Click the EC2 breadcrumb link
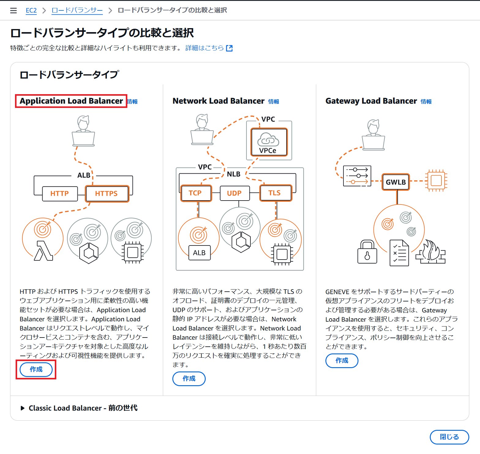31,10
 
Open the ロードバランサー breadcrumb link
77,10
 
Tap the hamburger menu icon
13,11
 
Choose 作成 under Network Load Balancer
189,378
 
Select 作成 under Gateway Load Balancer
342,360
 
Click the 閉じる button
449,437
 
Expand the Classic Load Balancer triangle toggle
22,408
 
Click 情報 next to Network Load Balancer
273,102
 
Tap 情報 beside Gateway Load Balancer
426,102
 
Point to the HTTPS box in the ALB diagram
107,194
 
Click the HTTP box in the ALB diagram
60,194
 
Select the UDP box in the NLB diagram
234,193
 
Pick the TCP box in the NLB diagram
195,193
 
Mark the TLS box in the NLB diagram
275,193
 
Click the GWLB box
396,182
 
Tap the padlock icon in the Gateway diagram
367,252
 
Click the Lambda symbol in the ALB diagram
43,251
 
